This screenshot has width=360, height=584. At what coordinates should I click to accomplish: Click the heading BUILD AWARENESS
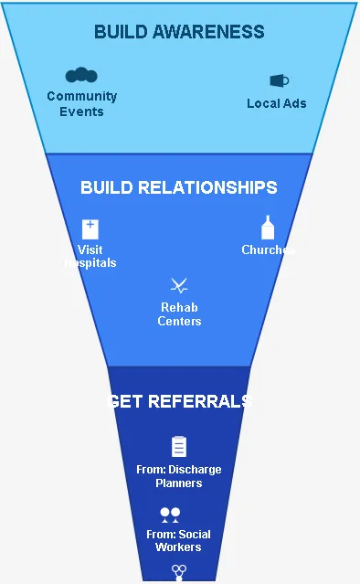pos(179,32)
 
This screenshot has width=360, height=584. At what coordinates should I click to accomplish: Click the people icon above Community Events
pos(81,75)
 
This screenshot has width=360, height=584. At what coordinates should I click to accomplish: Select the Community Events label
pos(82,103)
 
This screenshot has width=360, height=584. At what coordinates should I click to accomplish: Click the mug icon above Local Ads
pos(279,80)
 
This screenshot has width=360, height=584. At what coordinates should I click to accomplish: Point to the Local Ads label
pos(277,103)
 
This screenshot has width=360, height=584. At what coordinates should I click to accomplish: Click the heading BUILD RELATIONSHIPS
pos(179,187)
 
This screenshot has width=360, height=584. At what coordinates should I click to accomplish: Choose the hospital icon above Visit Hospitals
pos(90,228)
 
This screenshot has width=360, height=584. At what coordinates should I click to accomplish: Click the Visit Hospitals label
pos(90,256)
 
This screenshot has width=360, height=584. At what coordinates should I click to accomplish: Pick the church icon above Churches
pos(268,228)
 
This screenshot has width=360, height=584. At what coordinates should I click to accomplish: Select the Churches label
pos(267,250)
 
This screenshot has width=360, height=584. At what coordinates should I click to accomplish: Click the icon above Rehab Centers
pos(179,285)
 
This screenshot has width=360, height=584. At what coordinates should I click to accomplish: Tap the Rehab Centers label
pos(179,313)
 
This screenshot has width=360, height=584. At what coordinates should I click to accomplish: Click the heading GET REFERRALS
pos(179,401)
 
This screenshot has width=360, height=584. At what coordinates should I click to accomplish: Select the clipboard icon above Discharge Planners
pos(179,446)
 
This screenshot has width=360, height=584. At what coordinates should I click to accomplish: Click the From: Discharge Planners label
pos(179,476)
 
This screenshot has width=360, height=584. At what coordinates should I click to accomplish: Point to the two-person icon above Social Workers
pos(170,515)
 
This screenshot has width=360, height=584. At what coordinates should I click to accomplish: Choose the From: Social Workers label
pos(179,540)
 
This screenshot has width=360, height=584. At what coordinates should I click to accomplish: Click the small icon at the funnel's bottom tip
pos(179,571)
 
